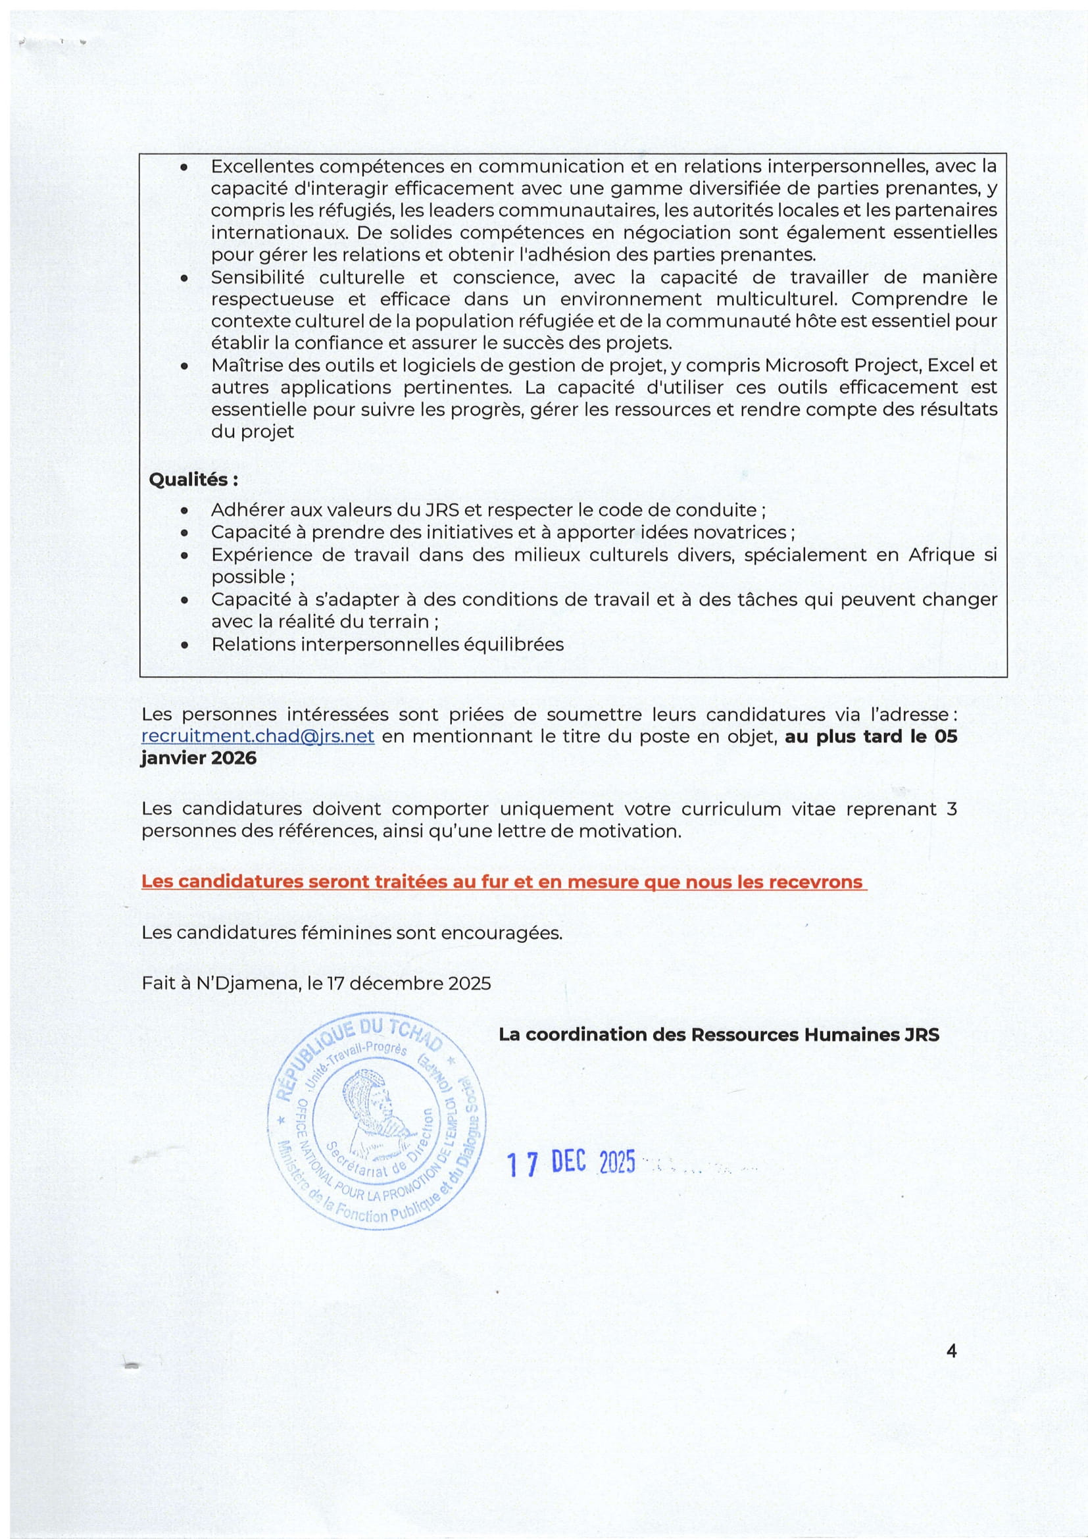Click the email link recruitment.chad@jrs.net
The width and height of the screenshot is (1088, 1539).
pos(257,736)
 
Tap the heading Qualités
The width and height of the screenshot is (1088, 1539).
pos(193,480)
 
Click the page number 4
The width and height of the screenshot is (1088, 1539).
pos(951,1351)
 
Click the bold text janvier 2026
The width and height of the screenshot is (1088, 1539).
pos(198,758)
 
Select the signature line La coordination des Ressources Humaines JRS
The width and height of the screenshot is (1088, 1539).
pos(719,1034)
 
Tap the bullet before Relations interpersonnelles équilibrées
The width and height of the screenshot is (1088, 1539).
pos(184,645)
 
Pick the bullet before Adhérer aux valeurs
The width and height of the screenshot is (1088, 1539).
pos(184,511)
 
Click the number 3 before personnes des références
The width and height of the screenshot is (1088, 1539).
pos(951,809)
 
